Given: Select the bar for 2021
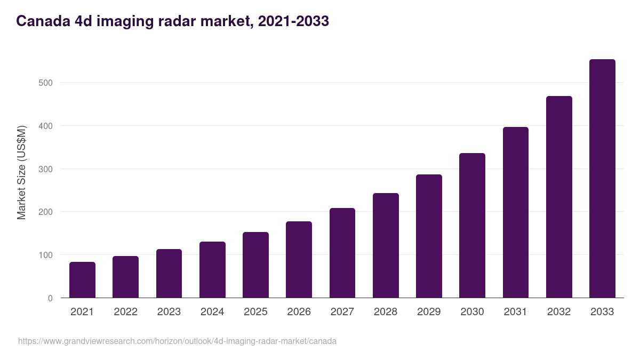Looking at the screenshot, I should [82, 280].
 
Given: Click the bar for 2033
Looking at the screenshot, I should [602, 179].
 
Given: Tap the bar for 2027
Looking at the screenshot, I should [342, 253].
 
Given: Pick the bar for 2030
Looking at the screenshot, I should [472, 226].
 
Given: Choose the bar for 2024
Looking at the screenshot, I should [212, 270].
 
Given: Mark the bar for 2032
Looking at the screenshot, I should [559, 197].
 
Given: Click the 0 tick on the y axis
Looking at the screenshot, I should [50, 298].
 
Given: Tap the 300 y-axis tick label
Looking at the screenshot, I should [46, 169].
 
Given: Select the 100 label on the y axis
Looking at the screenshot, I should [46, 255].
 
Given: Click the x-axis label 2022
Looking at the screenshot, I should [125, 312].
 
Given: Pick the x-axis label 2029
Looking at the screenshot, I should [429, 312].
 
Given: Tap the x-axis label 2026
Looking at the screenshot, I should [299, 312].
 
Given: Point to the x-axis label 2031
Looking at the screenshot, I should [515, 312].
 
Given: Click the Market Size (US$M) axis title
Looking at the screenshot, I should [21, 172].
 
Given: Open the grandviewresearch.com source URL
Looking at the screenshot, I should [177, 341].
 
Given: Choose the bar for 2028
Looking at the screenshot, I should [386, 245].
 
